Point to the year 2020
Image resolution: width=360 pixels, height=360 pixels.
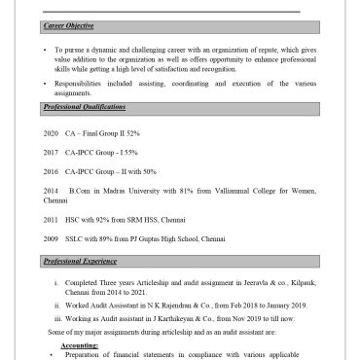52,131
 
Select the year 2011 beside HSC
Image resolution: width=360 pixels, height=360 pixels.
52,219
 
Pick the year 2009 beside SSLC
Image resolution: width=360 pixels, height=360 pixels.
52,237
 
